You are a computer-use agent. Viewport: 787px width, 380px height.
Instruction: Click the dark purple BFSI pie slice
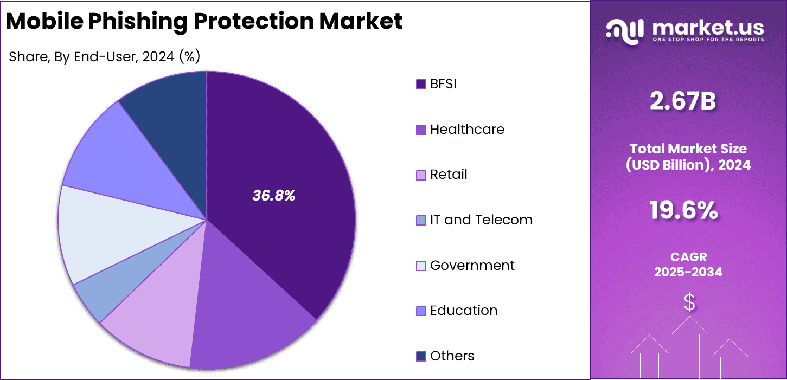(282, 163)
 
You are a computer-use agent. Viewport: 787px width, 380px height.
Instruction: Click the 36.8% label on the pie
(274, 196)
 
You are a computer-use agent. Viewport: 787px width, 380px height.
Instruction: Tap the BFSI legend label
(443, 84)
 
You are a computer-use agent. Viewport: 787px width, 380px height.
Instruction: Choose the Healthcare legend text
(467, 130)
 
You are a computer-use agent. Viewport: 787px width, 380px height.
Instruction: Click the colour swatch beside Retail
(421, 175)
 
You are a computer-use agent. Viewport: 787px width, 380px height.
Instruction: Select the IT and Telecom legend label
(481, 220)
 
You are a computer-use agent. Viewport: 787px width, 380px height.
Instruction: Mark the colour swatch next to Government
(421, 266)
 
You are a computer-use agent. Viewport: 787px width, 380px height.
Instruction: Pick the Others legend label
(452, 356)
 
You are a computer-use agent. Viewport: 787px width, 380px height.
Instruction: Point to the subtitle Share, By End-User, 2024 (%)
(105, 56)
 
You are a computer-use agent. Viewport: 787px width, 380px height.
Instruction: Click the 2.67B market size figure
(683, 102)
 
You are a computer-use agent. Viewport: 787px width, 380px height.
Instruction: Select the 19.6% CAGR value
(683, 210)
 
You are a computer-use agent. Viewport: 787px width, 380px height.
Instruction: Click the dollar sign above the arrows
(689, 302)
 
